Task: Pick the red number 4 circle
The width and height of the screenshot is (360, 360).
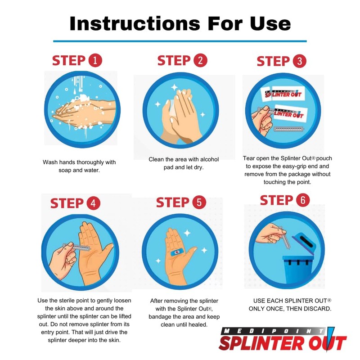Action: (93, 203)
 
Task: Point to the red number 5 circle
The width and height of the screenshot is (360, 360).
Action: (198, 203)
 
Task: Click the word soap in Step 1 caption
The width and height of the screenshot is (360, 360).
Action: (66, 171)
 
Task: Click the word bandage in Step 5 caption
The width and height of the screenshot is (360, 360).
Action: (163, 316)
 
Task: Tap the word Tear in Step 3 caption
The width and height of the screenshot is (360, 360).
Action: (249, 158)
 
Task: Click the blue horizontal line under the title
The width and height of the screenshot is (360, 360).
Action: (180, 41)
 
